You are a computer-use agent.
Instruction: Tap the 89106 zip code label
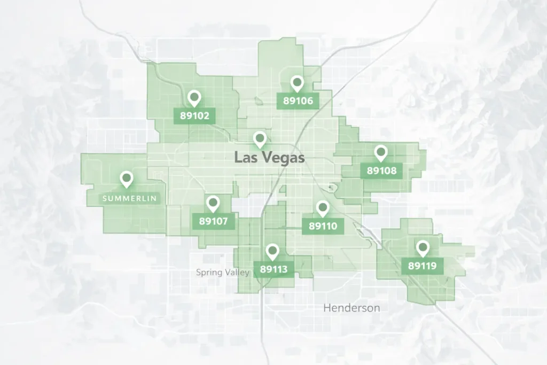tap(298, 100)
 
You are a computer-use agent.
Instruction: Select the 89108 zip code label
tap(381, 171)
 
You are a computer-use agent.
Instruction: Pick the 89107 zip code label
tap(213, 221)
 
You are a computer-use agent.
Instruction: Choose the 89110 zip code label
tap(323, 226)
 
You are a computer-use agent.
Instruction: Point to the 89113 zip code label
tap(273, 269)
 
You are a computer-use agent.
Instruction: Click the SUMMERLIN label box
tap(129, 198)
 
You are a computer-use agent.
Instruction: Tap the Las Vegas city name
tap(269, 158)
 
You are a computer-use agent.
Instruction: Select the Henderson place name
tap(352, 308)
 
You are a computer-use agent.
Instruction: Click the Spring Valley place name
tap(223, 273)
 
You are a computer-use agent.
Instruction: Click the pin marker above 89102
tap(194, 98)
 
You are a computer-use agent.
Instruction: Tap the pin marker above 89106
tap(298, 83)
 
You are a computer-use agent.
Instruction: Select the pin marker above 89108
tap(381, 153)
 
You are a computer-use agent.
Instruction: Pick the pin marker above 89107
tap(213, 203)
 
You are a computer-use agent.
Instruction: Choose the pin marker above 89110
tap(322, 208)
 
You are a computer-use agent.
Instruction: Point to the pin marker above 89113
tap(273, 251)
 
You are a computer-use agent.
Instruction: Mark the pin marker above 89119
tap(423, 248)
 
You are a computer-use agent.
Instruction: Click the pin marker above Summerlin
tap(127, 179)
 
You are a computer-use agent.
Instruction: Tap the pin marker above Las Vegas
tap(260, 139)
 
